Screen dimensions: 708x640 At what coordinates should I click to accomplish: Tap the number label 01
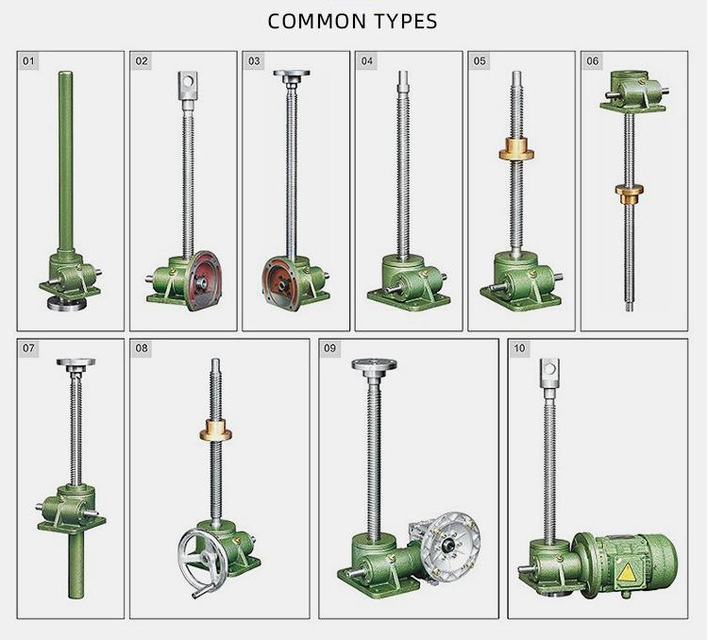tap(28, 61)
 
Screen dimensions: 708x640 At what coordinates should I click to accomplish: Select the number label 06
tap(592, 61)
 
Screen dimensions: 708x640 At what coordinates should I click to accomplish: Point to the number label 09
tap(329, 348)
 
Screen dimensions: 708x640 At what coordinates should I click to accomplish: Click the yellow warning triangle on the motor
tap(626, 573)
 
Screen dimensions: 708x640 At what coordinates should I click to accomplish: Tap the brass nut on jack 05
tap(516, 149)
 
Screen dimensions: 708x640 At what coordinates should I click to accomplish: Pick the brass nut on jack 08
tap(216, 429)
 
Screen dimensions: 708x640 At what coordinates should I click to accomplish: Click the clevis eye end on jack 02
tap(189, 86)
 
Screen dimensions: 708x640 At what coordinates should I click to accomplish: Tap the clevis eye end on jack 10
tap(549, 374)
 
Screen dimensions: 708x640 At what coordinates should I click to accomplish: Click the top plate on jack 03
tap(292, 74)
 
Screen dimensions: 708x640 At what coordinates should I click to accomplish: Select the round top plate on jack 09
tap(375, 364)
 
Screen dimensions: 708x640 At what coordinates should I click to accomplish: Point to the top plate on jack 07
tap(76, 362)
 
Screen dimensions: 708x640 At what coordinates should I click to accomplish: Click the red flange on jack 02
tap(204, 281)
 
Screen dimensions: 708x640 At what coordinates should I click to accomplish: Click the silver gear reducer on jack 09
tap(447, 546)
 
